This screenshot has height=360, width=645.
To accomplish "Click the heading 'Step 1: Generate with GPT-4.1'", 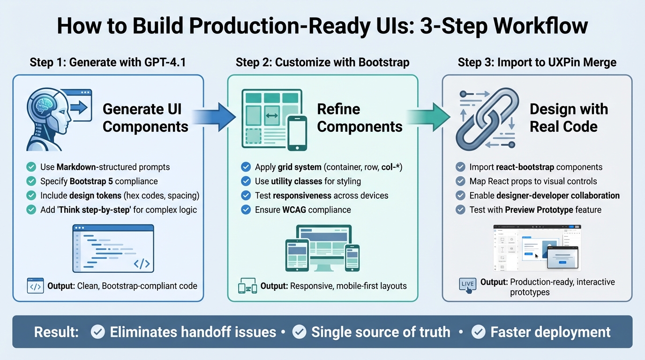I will tap(108, 62).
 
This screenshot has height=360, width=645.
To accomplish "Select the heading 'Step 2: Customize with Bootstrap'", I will tap(322, 62).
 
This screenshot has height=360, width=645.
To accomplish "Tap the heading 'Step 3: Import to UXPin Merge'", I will tap(537, 62).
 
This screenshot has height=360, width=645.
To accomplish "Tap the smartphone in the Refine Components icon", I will tap(297, 133).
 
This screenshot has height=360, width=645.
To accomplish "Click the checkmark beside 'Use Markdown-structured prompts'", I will tap(31, 167).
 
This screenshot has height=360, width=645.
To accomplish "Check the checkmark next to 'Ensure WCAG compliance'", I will tap(246, 210).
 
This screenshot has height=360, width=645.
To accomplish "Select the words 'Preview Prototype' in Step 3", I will tap(539, 210).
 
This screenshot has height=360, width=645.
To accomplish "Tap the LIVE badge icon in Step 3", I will tap(468, 285).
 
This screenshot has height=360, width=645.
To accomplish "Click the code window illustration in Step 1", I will tap(113, 248).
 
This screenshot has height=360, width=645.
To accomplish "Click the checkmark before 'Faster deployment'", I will tap(478, 332).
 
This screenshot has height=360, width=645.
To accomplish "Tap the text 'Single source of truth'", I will tap(381, 332).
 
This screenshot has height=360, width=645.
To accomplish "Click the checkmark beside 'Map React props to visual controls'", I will tap(460, 181).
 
